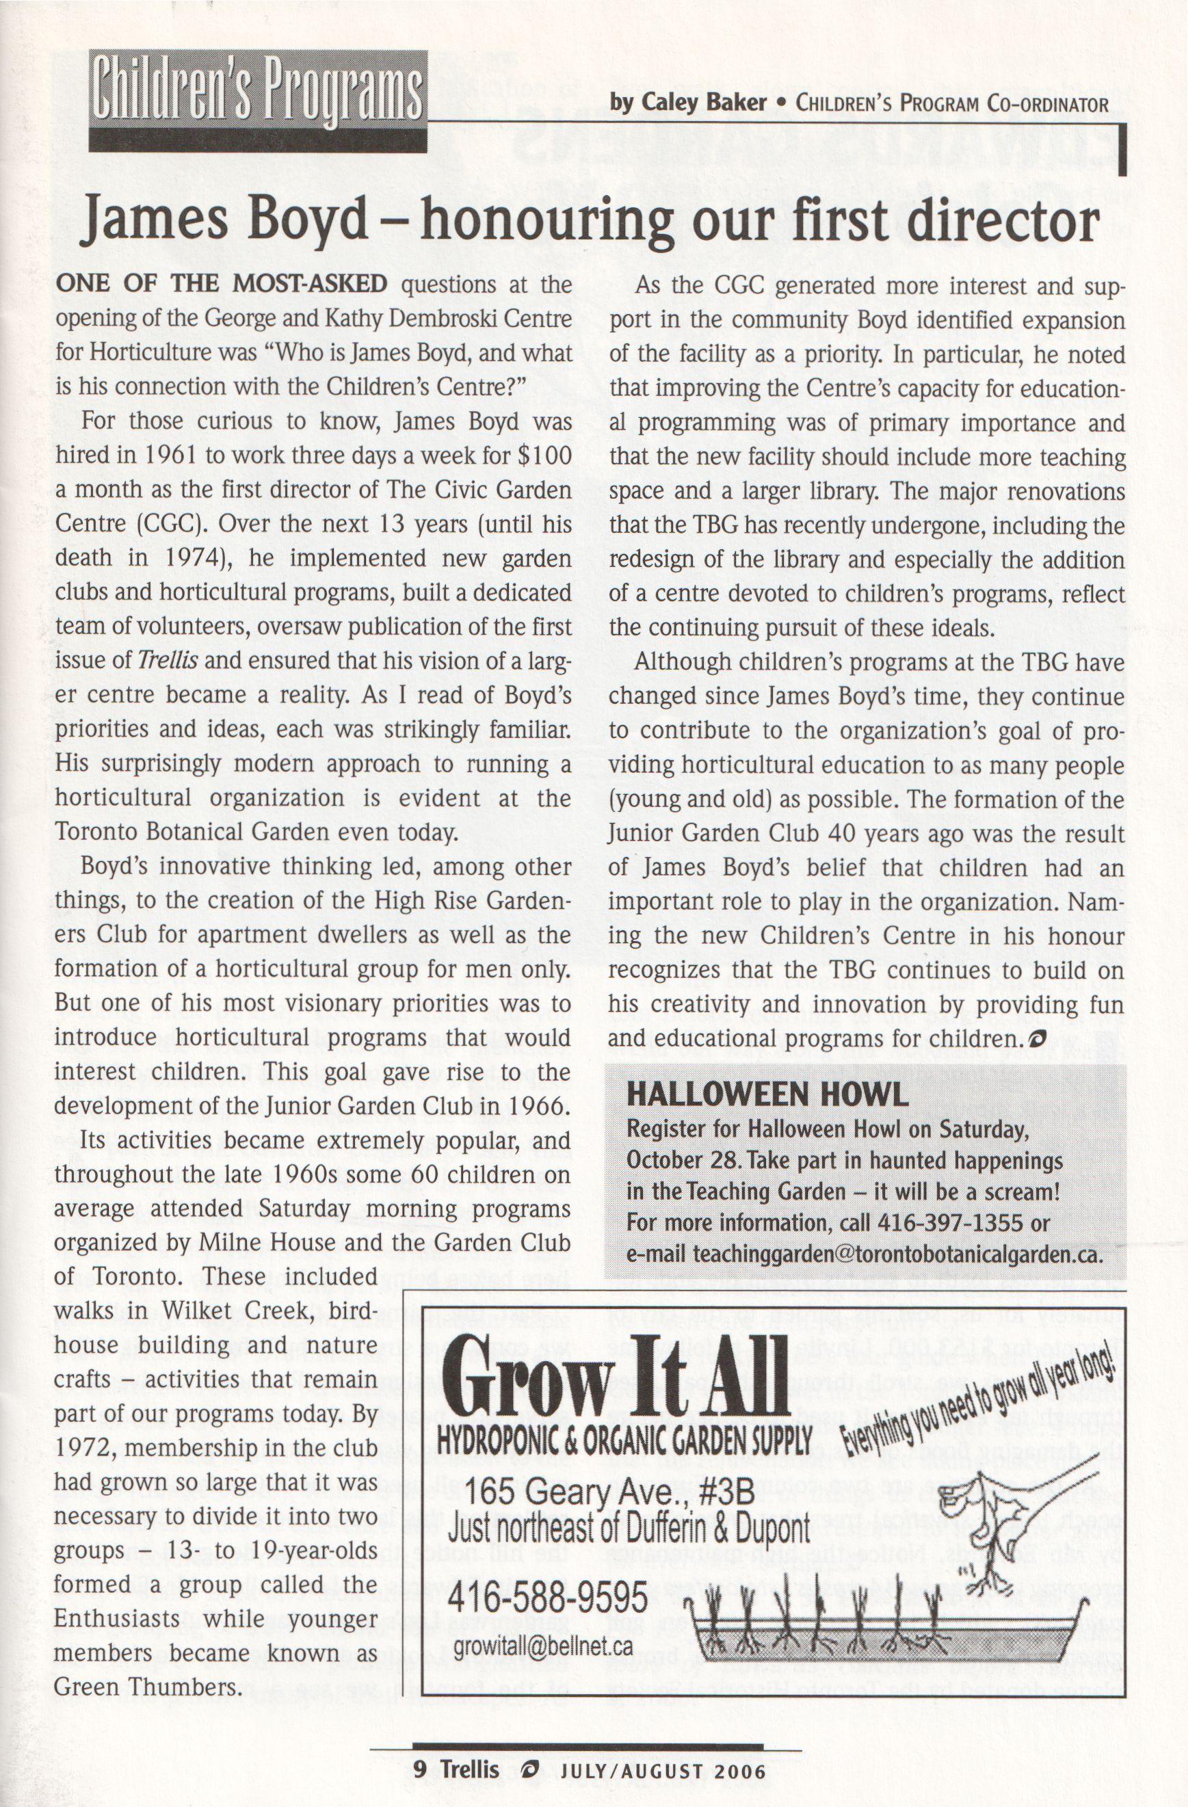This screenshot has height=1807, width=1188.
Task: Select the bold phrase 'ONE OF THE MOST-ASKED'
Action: click(x=221, y=285)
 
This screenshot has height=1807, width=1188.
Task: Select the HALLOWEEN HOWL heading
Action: click(x=767, y=1094)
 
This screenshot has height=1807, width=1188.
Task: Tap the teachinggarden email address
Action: click(x=896, y=1254)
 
